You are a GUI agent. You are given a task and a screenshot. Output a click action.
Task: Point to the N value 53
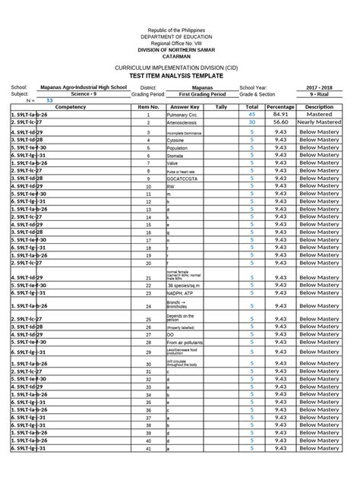[50, 100]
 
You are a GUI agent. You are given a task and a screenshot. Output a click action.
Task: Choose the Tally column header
[221, 107]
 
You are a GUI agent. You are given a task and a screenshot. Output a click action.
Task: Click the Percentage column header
[280, 107]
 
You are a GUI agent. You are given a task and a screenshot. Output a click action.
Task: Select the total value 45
[251, 114]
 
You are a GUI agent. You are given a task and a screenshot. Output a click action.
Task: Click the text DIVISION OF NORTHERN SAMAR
[181, 49]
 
